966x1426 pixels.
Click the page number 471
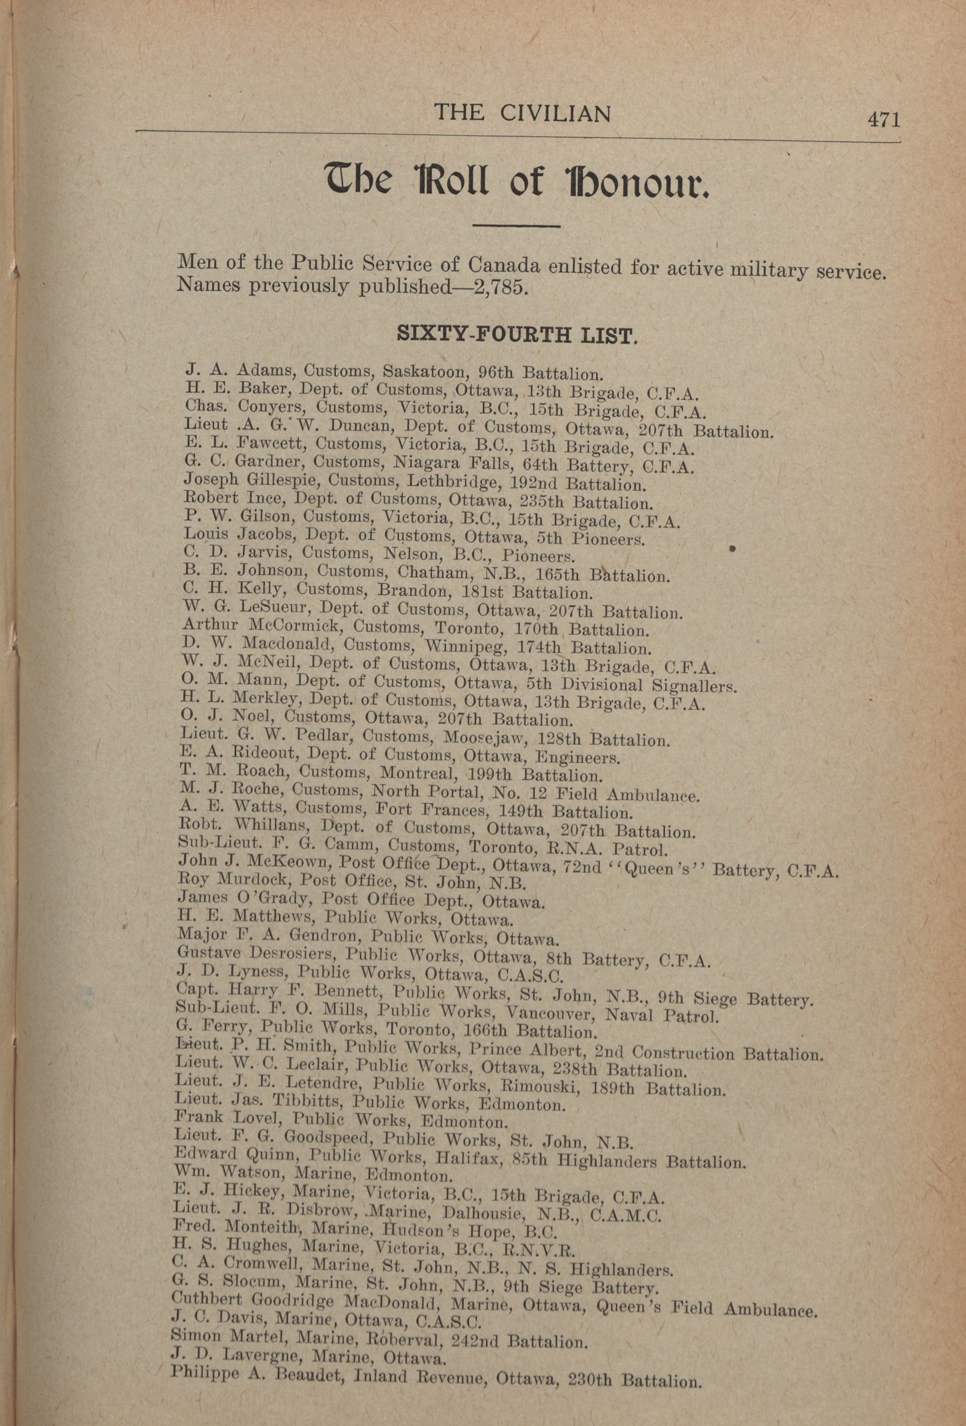tap(883, 120)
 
